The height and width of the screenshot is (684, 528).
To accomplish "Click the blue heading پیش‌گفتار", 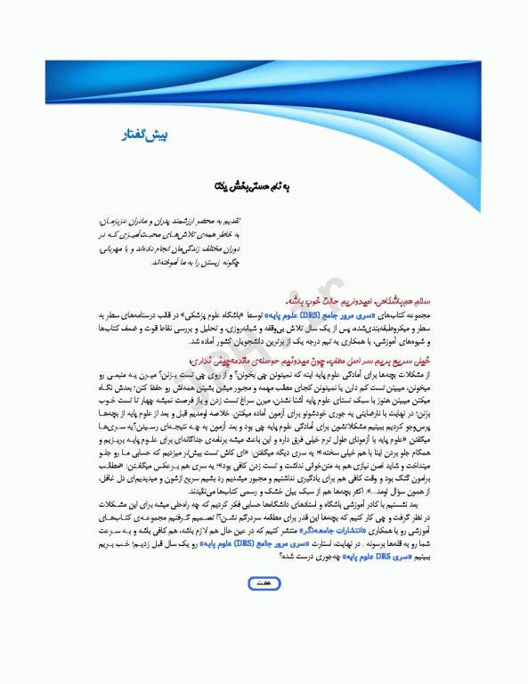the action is click(144, 135).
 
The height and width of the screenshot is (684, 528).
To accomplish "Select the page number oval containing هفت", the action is click(264, 607).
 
